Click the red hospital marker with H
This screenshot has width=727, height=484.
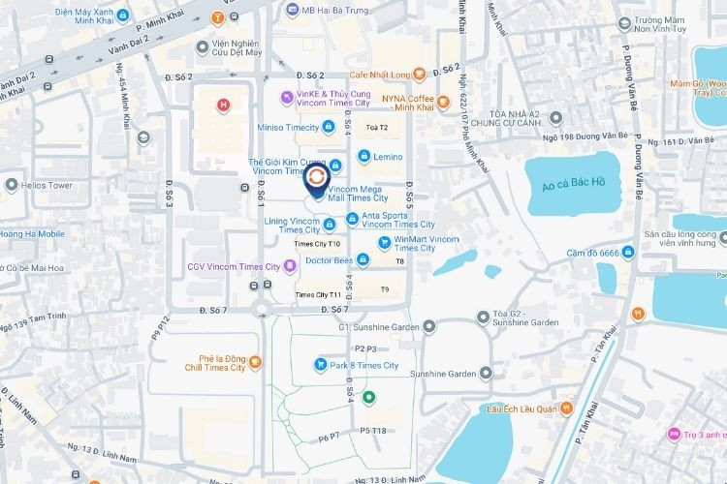click(224, 105)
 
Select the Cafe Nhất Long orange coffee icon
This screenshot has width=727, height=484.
click(418, 75)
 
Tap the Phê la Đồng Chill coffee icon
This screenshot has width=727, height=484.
click(255, 363)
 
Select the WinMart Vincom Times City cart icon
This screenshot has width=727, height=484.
click(385, 242)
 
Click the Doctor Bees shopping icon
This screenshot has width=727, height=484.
click(362, 259)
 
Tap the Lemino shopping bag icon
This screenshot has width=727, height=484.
click(363, 156)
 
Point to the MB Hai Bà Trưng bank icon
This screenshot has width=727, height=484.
click(294, 10)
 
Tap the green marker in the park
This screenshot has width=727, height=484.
click(368, 397)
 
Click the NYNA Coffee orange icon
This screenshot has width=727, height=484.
click(443, 100)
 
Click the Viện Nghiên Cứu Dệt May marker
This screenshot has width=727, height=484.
click(202, 45)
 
